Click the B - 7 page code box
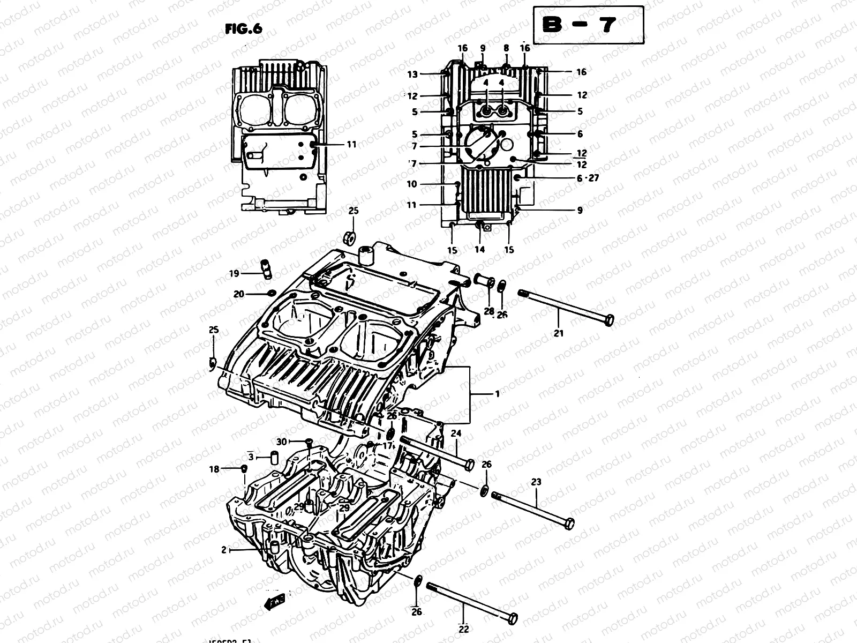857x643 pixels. (x=588, y=25)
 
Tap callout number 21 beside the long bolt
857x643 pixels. (x=559, y=333)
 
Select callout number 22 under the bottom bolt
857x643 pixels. (x=464, y=629)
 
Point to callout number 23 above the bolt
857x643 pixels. (x=537, y=482)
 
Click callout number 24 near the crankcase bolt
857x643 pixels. (x=456, y=435)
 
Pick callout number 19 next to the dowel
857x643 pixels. (x=234, y=274)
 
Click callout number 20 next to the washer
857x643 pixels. (x=239, y=294)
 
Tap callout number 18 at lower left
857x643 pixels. (x=214, y=469)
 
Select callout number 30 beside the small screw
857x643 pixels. (x=282, y=442)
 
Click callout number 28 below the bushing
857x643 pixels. (x=488, y=311)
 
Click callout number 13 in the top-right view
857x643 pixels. (x=412, y=74)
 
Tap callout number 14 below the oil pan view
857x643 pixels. (x=479, y=249)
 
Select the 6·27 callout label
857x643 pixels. (x=588, y=178)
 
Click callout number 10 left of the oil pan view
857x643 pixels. (x=411, y=184)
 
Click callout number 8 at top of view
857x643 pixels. (x=506, y=48)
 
